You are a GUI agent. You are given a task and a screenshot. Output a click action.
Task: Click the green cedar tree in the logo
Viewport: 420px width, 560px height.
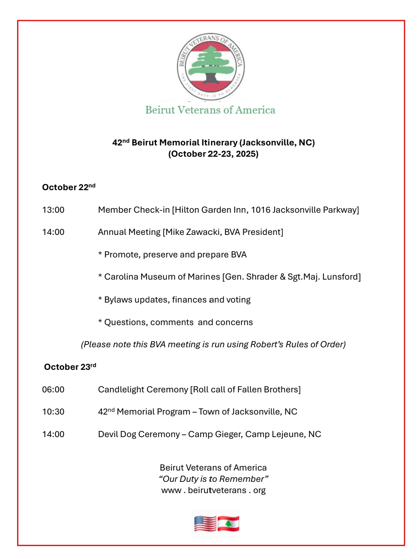tap(210, 62)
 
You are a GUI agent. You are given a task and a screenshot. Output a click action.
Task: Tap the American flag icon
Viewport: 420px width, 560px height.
tap(205, 523)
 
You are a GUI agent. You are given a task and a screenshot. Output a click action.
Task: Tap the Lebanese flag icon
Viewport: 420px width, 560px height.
tap(228, 523)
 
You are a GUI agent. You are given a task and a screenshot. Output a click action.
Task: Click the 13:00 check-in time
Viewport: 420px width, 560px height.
tap(53, 210)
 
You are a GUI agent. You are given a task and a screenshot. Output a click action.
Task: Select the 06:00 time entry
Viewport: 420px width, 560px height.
tap(53, 390)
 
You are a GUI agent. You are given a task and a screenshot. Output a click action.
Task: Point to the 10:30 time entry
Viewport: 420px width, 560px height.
tap(53, 412)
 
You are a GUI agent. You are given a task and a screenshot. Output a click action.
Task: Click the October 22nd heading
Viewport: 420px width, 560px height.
tap(68, 187)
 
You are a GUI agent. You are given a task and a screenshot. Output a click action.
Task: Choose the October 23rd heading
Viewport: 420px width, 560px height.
tap(70, 367)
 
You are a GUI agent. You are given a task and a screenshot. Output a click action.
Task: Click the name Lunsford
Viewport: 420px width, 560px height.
tap(341, 277)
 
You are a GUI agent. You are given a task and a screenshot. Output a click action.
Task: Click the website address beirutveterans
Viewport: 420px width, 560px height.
tap(217, 490)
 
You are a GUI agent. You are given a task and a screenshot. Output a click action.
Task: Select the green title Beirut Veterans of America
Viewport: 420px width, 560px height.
tap(210, 110)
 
